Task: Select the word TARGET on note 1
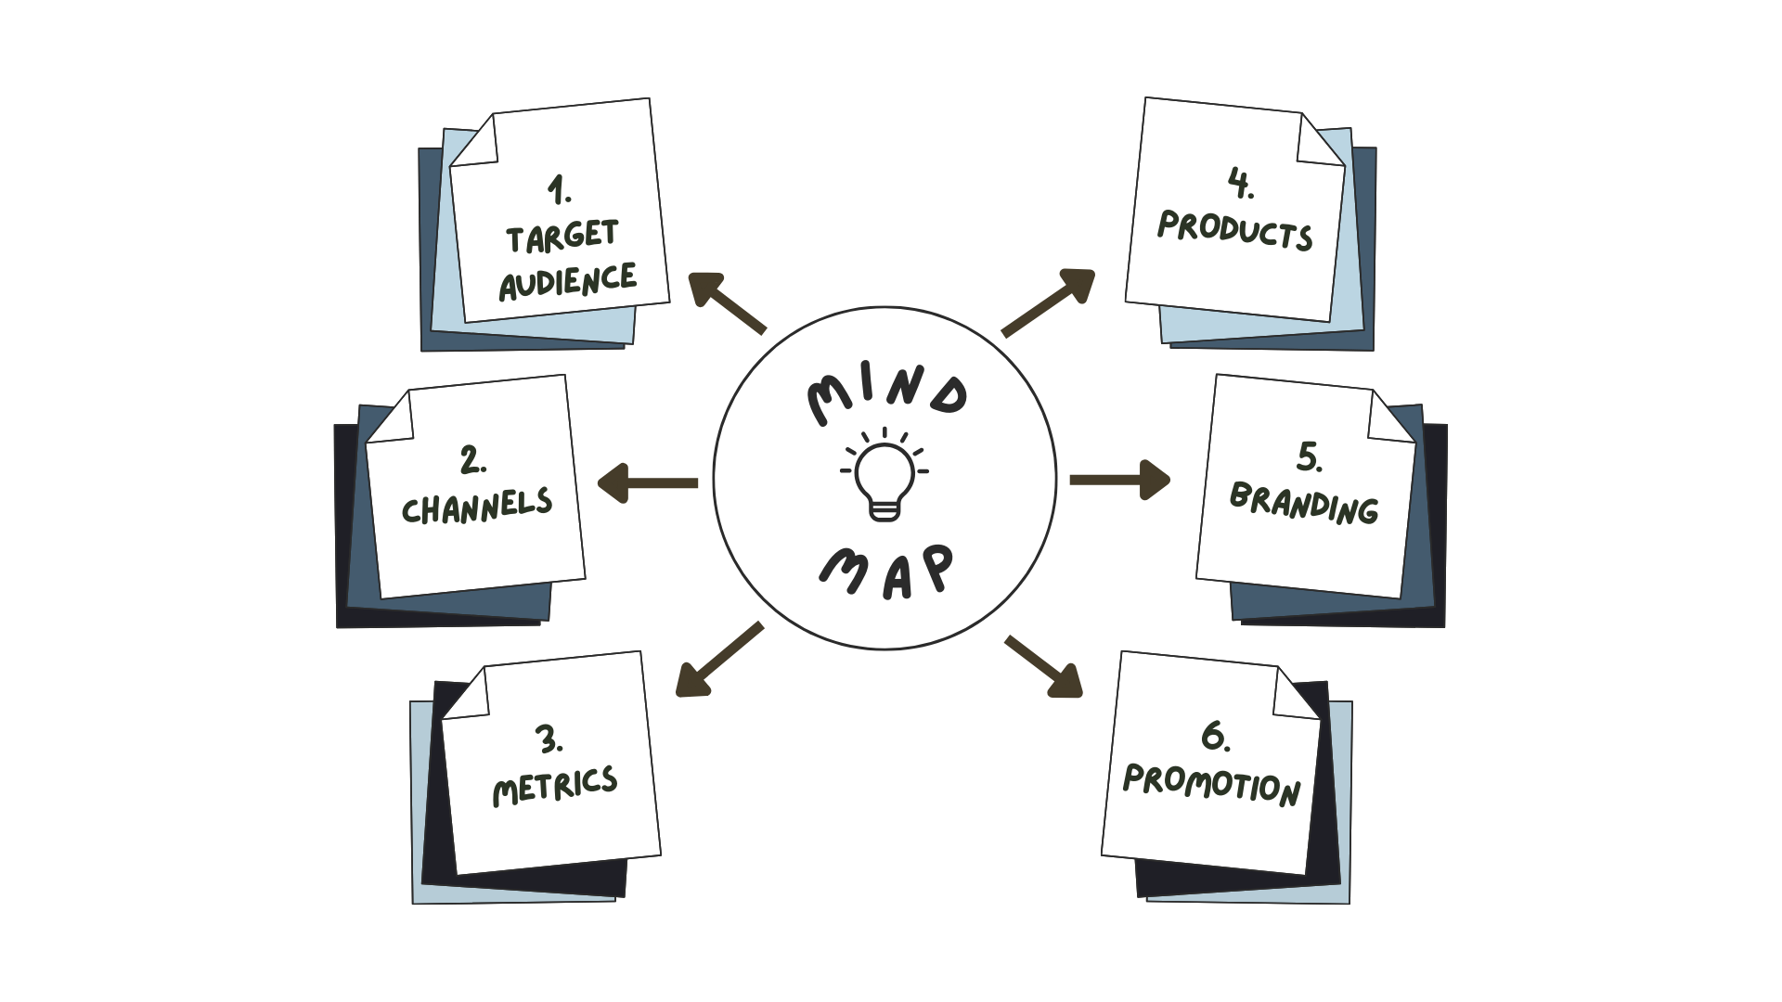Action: [x=562, y=237]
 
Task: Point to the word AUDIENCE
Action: [x=568, y=280]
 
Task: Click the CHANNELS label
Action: [x=477, y=506]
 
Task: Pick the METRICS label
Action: [x=555, y=786]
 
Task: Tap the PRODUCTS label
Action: [x=1235, y=229]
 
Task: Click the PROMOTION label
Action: [x=1212, y=785]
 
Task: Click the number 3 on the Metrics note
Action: [x=548, y=739]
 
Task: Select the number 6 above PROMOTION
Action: [x=1214, y=736]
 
